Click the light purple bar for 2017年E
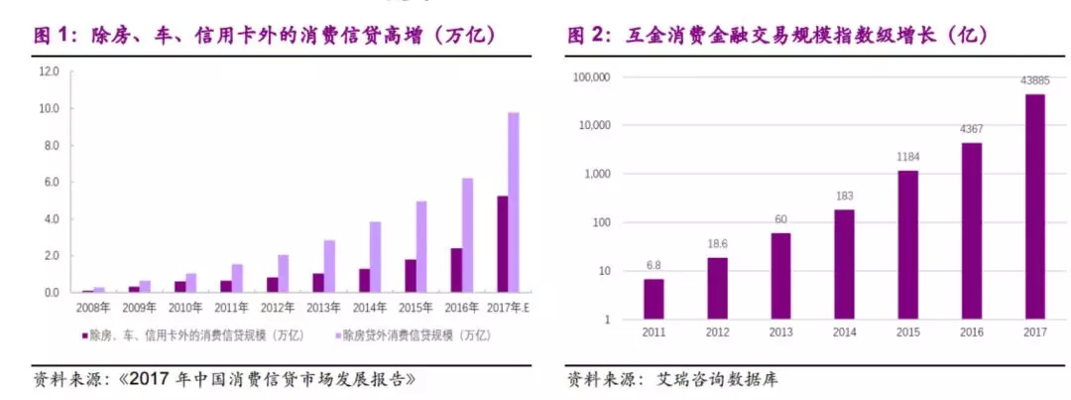[x=514, y=202]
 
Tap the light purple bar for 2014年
[x=375, y=257]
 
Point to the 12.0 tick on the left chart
[x=50, y=72]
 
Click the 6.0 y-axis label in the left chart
[x=50, y=183]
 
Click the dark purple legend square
[x=85, y=335]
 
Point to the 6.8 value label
[x=654, y=265]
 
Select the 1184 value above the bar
[x=907, y=157]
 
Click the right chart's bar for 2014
[x=844, y=264]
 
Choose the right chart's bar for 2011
[x=654, y=299]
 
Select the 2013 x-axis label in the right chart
[x=780, y=333]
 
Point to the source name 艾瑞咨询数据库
[x=723, y=380]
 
